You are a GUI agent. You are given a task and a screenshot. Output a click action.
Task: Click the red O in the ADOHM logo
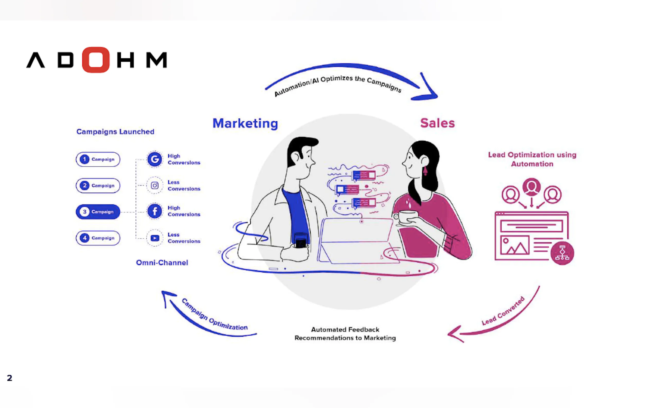tap(96, 60)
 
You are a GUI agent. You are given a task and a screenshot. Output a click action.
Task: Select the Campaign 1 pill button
tap(98, 159)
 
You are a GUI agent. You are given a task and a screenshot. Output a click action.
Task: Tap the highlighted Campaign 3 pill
tap(98, 212)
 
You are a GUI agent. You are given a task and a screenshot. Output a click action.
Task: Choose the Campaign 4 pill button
tap(98, 238)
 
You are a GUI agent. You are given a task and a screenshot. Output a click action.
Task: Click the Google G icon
tap(155, 159)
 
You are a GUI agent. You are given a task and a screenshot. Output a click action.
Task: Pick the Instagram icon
tap(155, 186)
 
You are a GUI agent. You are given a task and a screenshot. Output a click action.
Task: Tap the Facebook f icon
tap(155, 211)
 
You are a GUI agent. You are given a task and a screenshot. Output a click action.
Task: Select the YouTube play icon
tap(155, 238)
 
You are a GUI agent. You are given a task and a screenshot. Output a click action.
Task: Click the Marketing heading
tap(245, 123)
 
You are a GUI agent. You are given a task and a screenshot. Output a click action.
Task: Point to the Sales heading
tap(437, 123)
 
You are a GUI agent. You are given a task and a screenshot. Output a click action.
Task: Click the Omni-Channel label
tap(162, 263)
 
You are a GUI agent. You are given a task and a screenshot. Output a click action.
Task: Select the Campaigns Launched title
tap(115, 132)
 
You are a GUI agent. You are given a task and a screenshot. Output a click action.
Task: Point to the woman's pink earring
tap(425, 171)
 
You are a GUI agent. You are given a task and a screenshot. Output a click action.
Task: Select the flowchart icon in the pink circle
tap(562, 253)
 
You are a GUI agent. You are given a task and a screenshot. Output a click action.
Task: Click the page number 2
tap(10, 378)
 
